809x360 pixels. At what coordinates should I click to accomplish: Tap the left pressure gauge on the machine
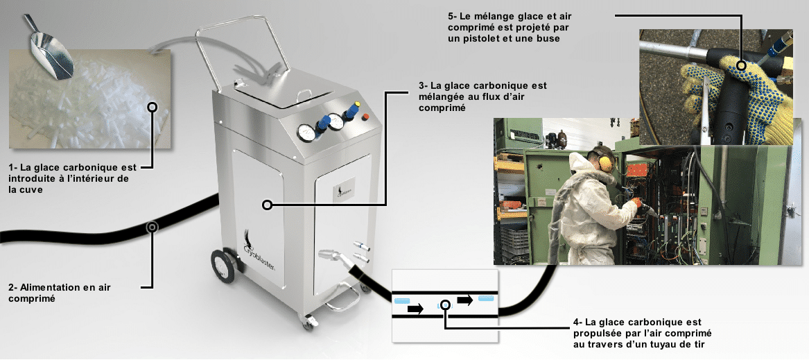point(305,131)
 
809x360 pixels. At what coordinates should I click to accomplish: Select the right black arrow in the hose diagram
point(464,300)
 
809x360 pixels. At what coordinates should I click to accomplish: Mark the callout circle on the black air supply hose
point(151,226)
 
